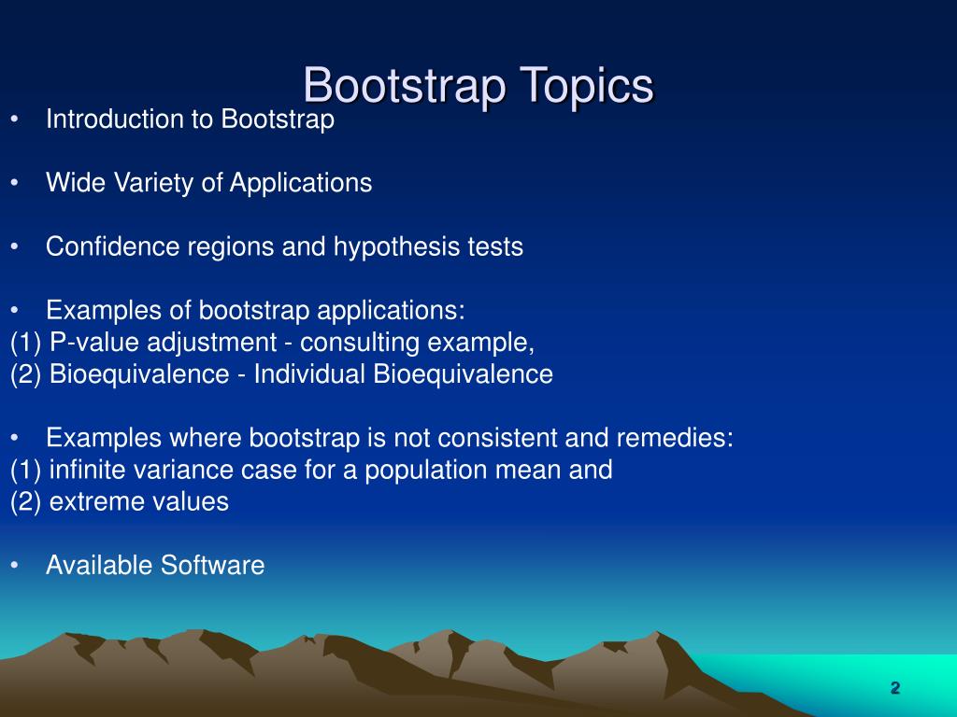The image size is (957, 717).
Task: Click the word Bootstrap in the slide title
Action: point(404,86)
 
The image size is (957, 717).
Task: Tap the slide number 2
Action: point(894,689)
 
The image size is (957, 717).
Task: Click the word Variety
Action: point(153,183)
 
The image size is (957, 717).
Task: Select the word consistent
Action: point(526,438)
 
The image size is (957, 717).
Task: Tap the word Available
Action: point(100,565)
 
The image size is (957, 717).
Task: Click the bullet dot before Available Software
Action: point(16,566)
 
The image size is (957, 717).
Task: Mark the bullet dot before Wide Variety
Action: point(16,184)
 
